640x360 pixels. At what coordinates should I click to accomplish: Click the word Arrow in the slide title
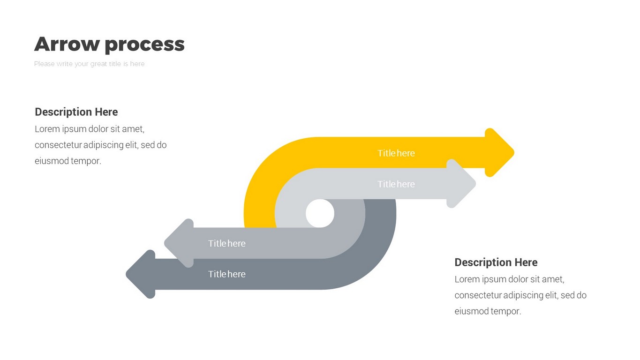pos(67,44)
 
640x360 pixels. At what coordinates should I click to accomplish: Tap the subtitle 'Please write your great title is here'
pos(89,64)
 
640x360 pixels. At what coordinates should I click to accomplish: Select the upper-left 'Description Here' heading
pos(76,112)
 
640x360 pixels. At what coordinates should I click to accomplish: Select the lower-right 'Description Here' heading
pos(496,262)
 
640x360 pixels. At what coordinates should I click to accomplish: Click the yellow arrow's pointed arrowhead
pos(500,153)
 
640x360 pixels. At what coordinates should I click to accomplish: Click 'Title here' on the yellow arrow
pos(396,153)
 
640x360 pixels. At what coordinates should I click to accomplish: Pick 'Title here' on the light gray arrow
pos(396,184)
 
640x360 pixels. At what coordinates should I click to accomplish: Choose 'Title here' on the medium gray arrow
pos(227,244)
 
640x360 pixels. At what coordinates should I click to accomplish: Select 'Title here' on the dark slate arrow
pos(227,274)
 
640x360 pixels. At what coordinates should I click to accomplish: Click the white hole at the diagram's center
pos(320,213)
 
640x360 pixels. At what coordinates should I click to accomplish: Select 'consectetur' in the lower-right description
pos(478,295)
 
